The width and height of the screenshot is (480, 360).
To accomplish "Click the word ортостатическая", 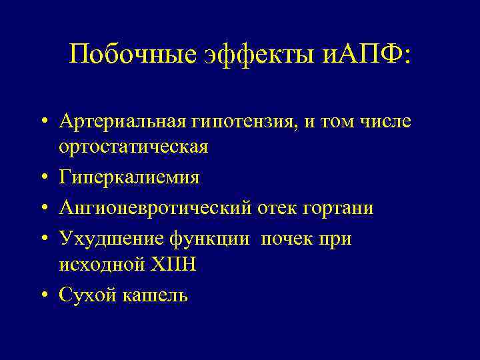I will point(133,146).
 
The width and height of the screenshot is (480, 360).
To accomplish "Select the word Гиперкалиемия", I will point(129,178).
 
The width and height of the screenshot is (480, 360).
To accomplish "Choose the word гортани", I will point(340,209).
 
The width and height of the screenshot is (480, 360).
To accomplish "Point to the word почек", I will point(286,239).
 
